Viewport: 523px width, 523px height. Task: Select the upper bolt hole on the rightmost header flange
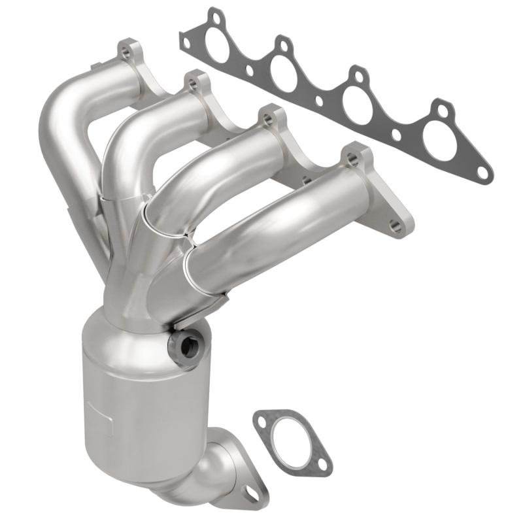coord(352,156)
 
